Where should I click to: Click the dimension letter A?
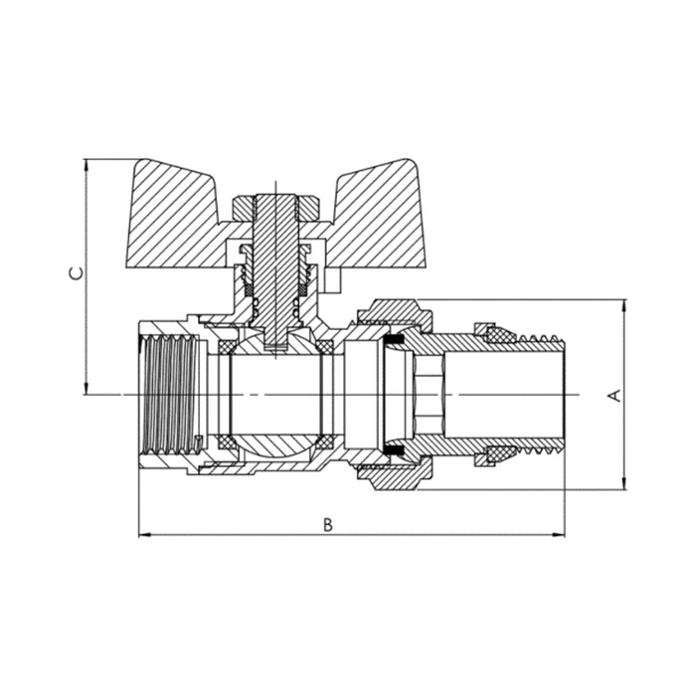[x=614, y=395]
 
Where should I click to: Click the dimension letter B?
[x=328, y=525]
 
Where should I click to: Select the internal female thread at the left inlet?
[x=169, y=395]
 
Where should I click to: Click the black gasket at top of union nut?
[x=396, y=341]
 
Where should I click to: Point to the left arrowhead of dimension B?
[x=142, y=535]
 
